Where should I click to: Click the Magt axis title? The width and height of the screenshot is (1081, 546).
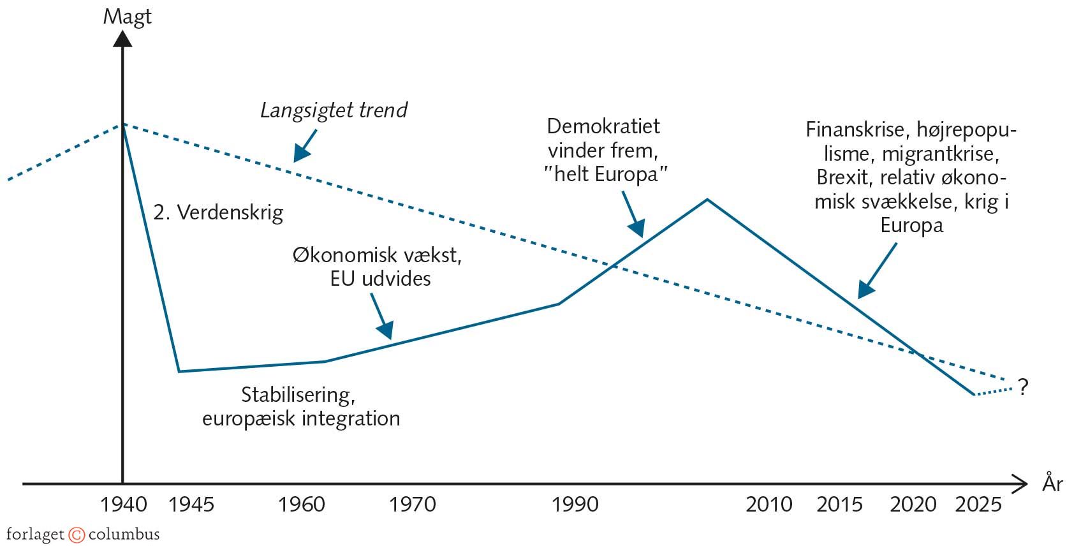click(x=127, y=17)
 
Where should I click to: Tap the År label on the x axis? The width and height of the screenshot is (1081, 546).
click(x=1052, y=483)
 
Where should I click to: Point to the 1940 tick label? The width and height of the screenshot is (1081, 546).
click(x=124, y=505)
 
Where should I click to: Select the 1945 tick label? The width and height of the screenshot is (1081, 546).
click(x=191, y=505)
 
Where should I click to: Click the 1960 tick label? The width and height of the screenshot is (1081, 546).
click(x=302, y=505)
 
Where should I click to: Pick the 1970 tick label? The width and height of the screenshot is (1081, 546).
click(x=413, y=505)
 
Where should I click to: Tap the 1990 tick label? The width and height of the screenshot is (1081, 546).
click(x=575, y=505)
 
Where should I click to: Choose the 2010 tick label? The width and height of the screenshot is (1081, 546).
click(x=769, y=505)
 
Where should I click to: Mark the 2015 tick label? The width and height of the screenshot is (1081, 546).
click(x=840, y=505)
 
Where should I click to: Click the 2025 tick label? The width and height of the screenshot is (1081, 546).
click(x=979, y=505)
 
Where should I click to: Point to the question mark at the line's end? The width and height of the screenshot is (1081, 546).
click(x=1024, y=387)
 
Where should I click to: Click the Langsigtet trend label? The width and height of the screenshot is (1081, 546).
click(x=334, y=111)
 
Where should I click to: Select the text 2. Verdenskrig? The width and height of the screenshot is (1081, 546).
click(x=218, y=212)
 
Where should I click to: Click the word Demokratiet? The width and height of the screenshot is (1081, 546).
click(x=603, y=126)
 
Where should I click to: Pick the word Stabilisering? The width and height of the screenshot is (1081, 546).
click(x=298, y=395)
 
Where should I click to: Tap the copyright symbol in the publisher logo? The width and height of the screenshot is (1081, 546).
click(x=77, y=535)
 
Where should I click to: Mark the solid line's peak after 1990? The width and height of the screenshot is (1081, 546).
click(x=707, y=200)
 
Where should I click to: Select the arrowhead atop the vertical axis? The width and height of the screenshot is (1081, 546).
click(x=122, y=38)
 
